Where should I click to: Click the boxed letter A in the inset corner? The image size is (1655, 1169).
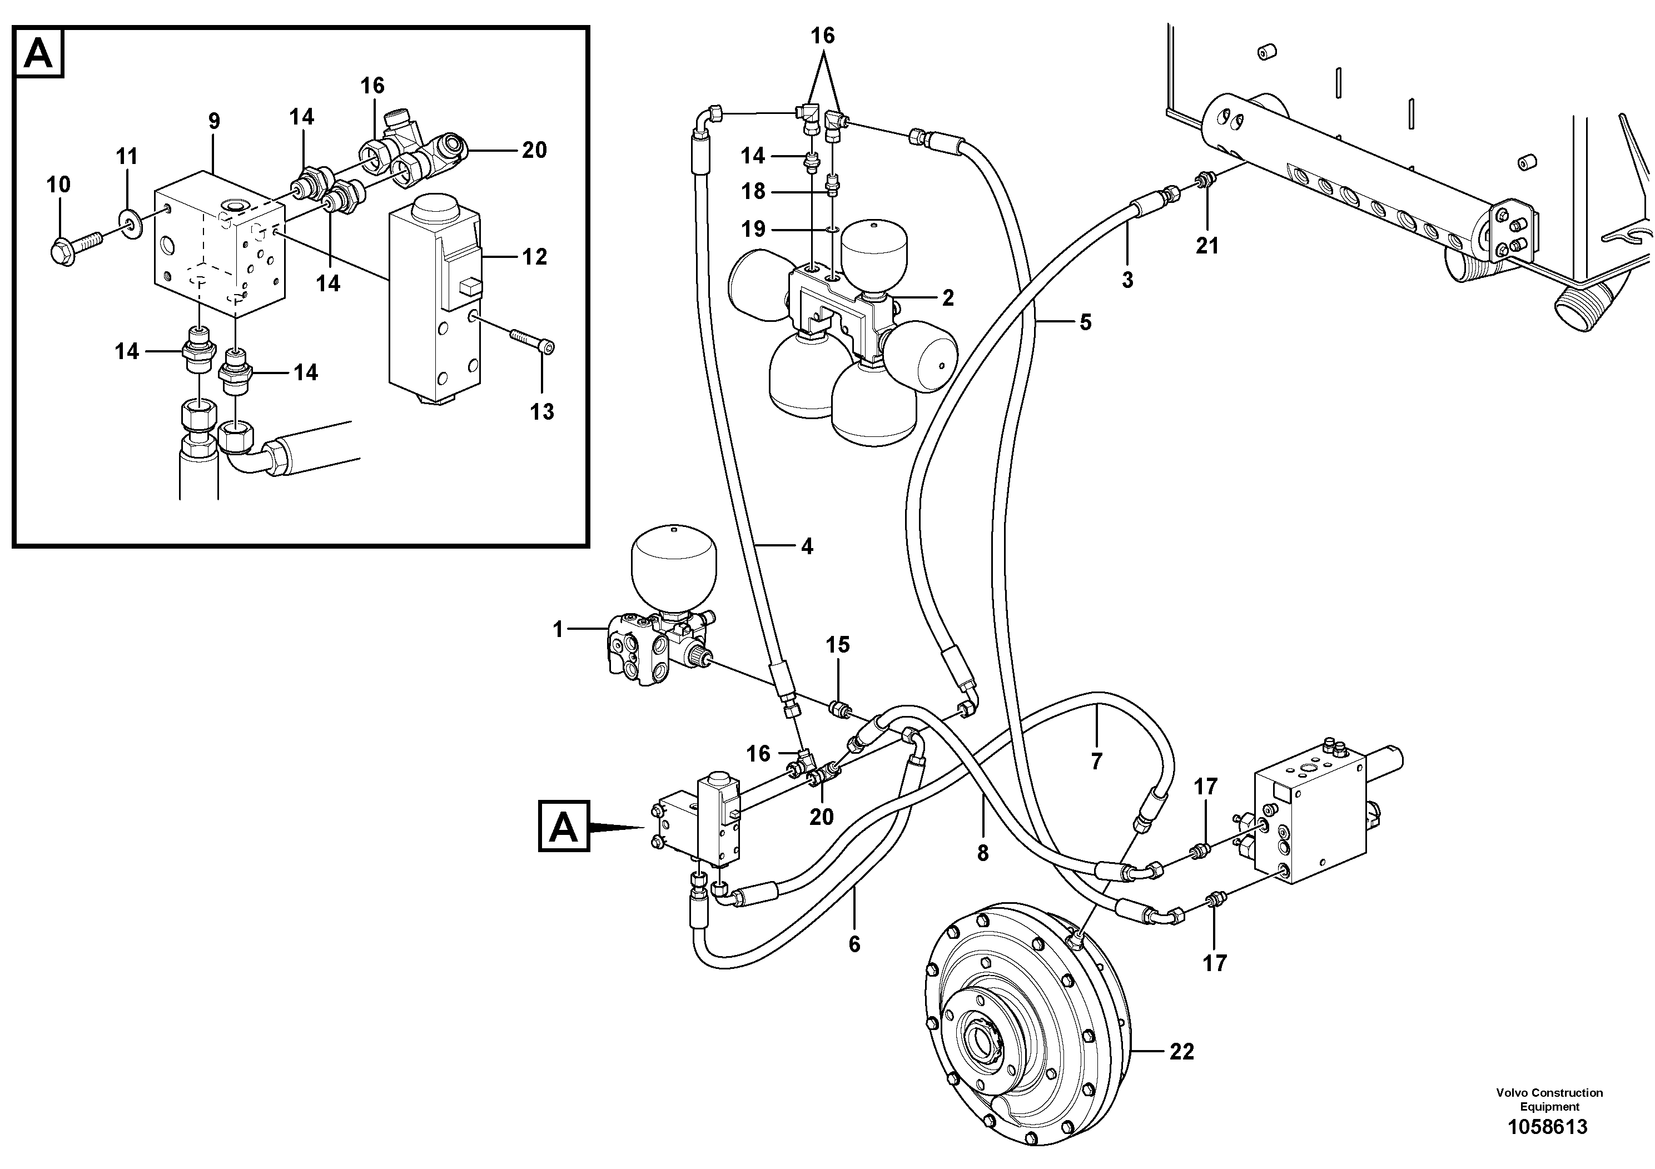point(39,53)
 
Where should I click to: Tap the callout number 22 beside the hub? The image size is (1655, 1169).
point(1181,1052)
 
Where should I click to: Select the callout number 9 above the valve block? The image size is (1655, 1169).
point(214,121)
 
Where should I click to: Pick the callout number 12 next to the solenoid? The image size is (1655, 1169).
point(534,257)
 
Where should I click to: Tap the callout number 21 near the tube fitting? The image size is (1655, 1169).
point(1207,246)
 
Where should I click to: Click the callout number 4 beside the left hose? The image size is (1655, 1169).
point(807,547)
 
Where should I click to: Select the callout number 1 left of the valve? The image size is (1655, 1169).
point(557,630)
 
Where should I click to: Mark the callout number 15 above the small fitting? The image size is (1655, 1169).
point(838,645)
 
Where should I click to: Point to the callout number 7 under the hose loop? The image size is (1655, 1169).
point(1096,761)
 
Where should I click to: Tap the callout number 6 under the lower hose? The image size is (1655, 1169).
point(854,944)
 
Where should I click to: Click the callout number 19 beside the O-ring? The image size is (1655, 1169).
point(753,229)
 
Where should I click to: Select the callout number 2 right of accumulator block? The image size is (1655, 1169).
point(948,297)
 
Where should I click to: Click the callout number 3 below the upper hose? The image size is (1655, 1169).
point(1127,280)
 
